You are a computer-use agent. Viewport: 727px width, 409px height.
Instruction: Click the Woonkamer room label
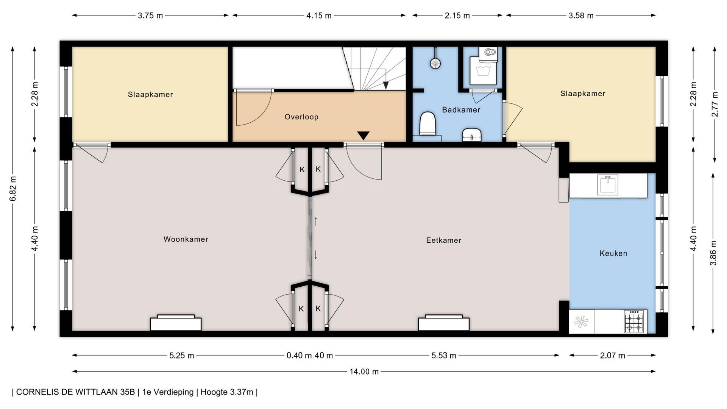186,239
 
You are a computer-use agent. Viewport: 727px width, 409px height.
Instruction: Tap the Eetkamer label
444,240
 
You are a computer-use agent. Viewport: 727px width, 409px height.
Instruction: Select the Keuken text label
613,253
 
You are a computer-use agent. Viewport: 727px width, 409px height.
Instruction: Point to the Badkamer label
461,110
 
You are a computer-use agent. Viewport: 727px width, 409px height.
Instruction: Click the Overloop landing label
301,117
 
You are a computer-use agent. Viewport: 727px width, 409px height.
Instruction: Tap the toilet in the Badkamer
428,123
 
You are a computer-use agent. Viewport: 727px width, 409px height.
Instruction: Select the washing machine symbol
483,71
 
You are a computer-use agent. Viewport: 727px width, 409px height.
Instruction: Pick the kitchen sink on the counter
608,184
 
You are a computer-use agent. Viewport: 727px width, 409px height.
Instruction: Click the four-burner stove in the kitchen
634,322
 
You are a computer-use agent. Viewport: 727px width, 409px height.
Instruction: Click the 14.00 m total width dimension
364,372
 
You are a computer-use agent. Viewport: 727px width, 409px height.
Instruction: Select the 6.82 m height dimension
13,189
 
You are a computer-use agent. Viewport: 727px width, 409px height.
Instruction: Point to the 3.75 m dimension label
150,16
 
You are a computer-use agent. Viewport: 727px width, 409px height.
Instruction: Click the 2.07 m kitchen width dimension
612,356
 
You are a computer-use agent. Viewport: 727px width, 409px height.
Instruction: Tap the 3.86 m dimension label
714,253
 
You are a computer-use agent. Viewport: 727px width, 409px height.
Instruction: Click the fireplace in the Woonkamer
176,323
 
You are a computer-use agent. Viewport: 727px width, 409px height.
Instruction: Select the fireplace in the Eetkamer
444,323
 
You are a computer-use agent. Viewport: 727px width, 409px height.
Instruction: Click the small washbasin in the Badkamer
472,135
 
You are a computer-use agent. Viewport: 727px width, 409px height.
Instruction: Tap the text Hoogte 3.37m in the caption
227,392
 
